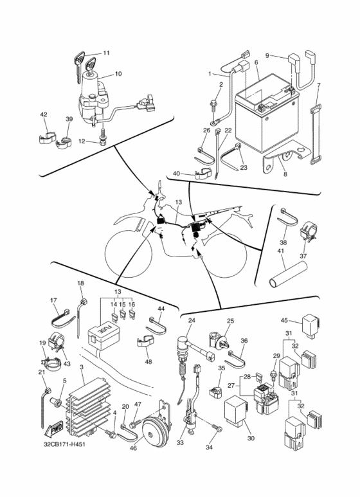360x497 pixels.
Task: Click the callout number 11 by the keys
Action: coord(106,53)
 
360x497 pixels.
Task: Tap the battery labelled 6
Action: coord(266,114)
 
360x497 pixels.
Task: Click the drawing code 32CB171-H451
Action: coord(64,444)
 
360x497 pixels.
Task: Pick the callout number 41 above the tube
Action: coord(281,251)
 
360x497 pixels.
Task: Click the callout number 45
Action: coord(284,320)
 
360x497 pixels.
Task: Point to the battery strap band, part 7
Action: coord(315,136)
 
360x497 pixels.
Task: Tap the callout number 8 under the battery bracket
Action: coord(285,174)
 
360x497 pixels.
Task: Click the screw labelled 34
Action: coord(217,428)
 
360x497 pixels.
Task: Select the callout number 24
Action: coord(192,320)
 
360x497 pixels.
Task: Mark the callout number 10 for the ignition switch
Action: coord(118,74)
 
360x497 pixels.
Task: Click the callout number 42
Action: coord(44,114)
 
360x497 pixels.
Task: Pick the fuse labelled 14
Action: coord(113,316)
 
